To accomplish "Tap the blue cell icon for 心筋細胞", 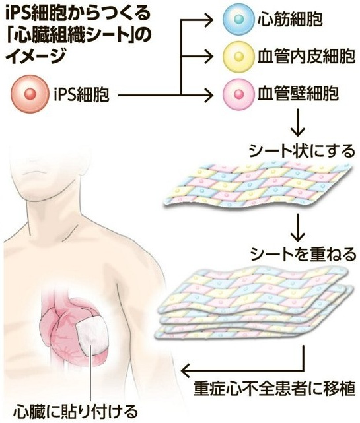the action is pyautogui.click(x=238, y=19).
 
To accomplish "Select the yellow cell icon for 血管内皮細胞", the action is pyautogui.click(x=238, y=57).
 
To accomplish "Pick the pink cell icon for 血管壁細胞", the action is pyautogui.click(x=238, y=94).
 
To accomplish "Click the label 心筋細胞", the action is pyautogui.click(x=289, y=19).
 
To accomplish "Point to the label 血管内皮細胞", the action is pyautogui.click(x=306, y=57).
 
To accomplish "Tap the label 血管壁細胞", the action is pyautogui.click(x=298, y=93).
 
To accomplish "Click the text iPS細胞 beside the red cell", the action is pyautogui.click(x=81, y=94).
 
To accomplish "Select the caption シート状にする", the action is pyautogui.click(x=302, y=150).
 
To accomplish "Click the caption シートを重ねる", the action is pyautogui.click(x=303, y=254).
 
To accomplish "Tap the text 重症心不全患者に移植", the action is pyautogui.click(x=274, y=388).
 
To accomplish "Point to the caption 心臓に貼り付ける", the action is pyautogui.click(x=76, y=411).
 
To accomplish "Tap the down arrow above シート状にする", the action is pyautogui.click(x=297, y=123).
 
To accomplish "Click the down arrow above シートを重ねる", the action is pyautogui.click(x=297, y=227).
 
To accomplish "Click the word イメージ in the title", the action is pyautogui.click(x=36, y=55).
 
